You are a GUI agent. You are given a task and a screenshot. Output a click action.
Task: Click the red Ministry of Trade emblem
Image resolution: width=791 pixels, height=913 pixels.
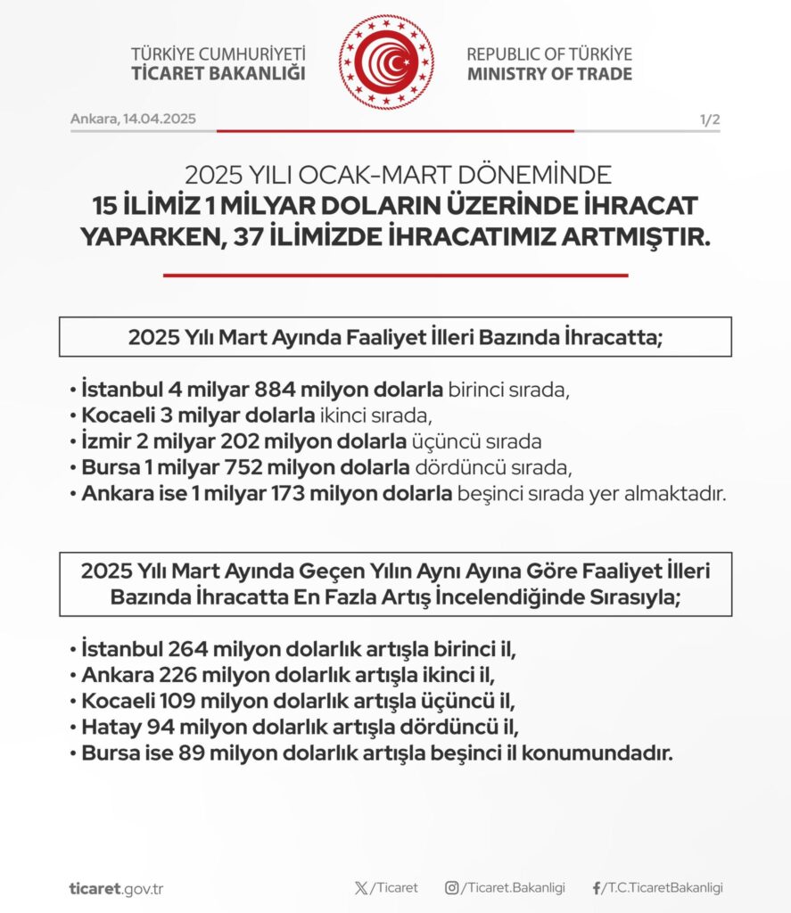click(385, 62)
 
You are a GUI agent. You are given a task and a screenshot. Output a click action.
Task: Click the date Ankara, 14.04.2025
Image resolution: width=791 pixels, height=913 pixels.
click(133, 119)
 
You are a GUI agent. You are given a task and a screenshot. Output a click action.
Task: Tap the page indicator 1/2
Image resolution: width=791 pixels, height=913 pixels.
click(710, 119)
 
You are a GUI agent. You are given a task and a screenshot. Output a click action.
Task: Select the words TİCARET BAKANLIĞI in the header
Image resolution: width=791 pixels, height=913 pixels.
click(218, 73)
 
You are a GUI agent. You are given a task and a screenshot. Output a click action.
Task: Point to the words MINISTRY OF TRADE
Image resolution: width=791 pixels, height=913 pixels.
click(549, 73)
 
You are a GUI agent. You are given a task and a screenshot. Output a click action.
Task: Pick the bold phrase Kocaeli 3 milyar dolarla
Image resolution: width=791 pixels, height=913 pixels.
click(198, 415)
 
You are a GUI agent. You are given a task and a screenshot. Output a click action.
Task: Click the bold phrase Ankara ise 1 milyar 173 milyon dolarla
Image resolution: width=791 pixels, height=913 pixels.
click(267, 493)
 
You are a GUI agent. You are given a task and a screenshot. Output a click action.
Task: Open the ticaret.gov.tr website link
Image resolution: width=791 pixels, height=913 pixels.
click(116, 889)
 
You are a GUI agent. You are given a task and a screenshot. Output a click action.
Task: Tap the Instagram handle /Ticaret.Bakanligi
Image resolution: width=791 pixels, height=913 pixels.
click(512, 888)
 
